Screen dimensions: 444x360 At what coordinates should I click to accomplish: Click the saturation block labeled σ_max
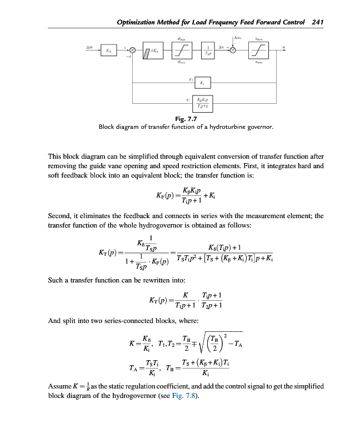tap(180, 51)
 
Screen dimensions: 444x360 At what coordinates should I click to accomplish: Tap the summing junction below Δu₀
tap(233, 51)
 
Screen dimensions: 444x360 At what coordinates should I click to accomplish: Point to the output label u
tap(283, 47)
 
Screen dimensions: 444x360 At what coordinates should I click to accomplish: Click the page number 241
tap(318, 22)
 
